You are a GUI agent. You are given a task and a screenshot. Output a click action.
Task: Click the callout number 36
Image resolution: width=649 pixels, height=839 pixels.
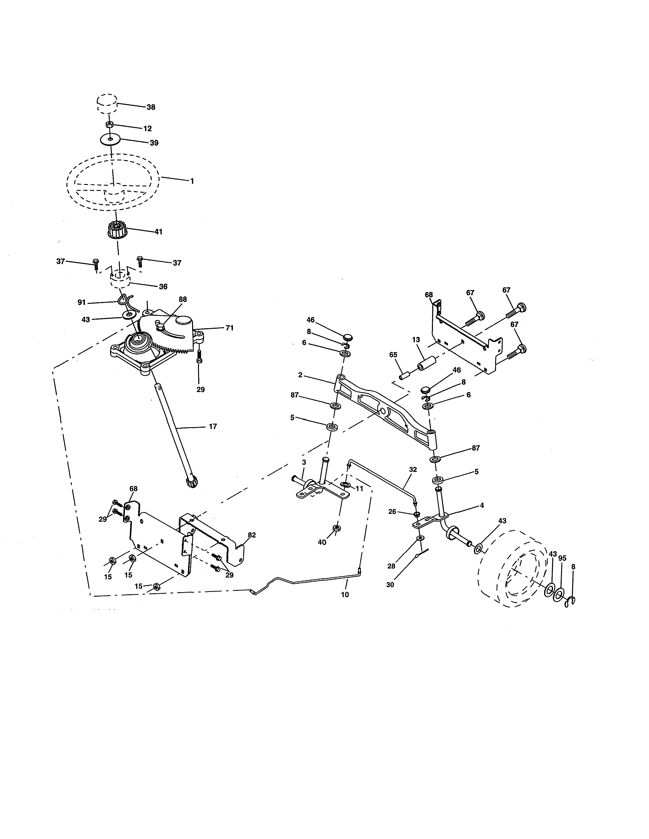(163, 287)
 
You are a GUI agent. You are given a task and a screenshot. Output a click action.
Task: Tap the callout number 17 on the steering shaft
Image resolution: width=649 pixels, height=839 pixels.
(213, 426)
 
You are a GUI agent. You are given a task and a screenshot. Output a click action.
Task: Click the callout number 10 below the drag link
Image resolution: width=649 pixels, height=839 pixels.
(345, 595)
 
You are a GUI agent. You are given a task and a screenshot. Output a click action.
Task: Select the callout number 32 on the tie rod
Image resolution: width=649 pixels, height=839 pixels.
(413, 469)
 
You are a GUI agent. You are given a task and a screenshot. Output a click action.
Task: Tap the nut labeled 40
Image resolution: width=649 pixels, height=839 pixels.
(336, 528)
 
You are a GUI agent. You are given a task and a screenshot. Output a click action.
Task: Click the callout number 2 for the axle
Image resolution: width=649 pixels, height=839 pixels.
(300, 374)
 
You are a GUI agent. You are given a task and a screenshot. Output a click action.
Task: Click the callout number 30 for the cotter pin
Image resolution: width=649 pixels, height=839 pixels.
(390, 585)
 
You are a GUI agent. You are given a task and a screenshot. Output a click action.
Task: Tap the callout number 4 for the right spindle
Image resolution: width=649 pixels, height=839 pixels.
(482, 505)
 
